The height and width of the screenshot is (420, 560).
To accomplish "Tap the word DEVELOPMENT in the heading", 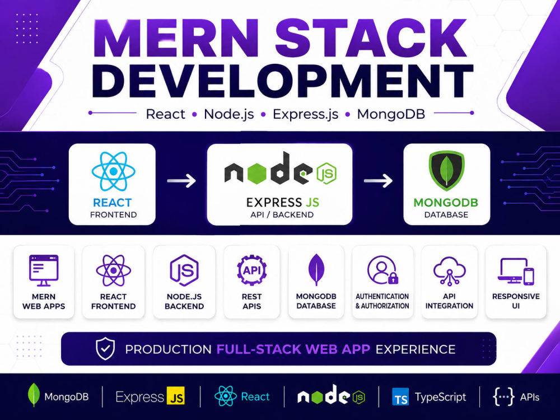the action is tap(282, 81).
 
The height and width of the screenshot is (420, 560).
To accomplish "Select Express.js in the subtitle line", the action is tap(305, 114).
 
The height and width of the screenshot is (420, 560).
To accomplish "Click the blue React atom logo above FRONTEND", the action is tap(113, 171).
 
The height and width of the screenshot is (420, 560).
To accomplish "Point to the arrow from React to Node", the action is tap(181, 180).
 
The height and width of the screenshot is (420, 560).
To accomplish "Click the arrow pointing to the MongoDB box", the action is tap(378, 180).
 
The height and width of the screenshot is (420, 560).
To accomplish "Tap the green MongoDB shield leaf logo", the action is tap(446, 170).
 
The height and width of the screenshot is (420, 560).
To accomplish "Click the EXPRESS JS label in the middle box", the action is tap(282, 203).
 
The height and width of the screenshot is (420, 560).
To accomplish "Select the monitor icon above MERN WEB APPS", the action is tap(44, 270).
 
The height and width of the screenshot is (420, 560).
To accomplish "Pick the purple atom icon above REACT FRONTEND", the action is tap(113, 270).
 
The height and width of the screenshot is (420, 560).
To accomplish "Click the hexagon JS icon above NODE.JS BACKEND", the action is tap(184, 270).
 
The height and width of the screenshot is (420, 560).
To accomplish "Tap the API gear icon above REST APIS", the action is tap(252, 270).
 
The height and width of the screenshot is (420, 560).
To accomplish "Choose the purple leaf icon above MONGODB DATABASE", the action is tap(316, 270).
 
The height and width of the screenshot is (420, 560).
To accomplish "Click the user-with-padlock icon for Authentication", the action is tap(382, 270).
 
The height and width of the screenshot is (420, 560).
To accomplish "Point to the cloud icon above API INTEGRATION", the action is tap(449, 270).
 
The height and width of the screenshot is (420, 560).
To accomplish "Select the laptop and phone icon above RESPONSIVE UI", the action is tap(516, 271).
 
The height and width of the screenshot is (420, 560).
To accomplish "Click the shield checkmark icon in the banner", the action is tap(105, 348).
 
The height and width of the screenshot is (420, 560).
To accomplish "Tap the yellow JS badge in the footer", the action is tap(176, 396).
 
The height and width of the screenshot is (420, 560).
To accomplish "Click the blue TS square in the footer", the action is tap(400, 397).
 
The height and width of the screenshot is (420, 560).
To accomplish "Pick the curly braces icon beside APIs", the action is tap(503, 397).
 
